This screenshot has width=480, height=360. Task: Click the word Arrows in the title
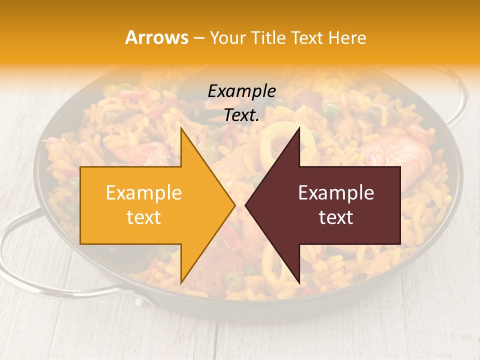click(x=157, y=37)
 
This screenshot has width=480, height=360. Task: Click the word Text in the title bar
click(x=308, y=38)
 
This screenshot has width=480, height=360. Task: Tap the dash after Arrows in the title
click(x=199, y=38)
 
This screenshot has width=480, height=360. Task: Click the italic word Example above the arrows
click(x=241, y=91)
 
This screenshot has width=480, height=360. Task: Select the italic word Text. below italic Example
click(x=241, y=115)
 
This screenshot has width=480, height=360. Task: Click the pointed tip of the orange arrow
click(x=234, y=205)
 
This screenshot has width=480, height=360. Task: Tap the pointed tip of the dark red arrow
click(x=246, y=205)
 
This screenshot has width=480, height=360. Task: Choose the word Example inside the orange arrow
click(x=144, y=193)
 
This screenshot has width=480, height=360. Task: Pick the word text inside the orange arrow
click(x=144, y=217)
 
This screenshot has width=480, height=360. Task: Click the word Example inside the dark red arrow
click(x=336, y=193)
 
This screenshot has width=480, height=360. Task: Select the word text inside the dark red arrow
click(x=336, y=217)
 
